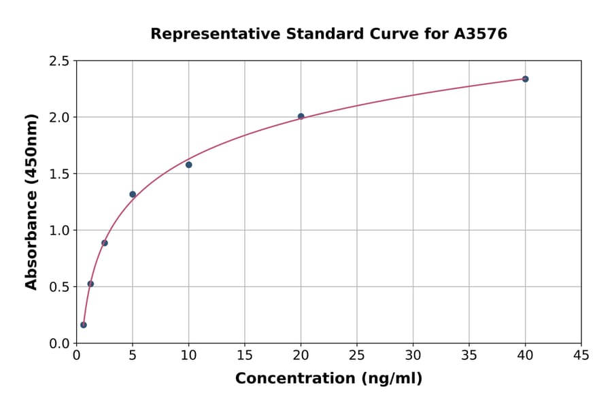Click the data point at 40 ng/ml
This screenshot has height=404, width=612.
coord(525,79)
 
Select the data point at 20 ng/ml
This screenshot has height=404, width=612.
coord(301,116)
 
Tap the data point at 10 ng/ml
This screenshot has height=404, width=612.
coord(189,165)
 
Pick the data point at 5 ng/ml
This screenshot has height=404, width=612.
coord(133,195)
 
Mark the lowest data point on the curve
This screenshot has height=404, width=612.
coord(84,325)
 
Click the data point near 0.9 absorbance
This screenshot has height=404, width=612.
coord(105,243)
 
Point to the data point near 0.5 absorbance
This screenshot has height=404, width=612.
coord(90,284)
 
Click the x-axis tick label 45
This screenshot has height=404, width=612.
coord(581,355)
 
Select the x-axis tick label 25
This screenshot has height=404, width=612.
coord(357,355)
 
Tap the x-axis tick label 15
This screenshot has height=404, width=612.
coord(245,355)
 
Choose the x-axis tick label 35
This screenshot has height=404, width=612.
coord(469,355)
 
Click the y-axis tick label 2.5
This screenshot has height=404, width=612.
coord(59,61)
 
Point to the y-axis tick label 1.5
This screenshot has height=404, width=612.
coord(59,174)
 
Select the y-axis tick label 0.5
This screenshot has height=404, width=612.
coord(59,287)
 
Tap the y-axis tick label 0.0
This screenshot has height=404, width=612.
coord(59,343)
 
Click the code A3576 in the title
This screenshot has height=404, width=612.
coord(480,33)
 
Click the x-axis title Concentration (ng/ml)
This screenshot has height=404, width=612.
coord(328,379)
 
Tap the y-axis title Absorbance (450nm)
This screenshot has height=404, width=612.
coord(31,201)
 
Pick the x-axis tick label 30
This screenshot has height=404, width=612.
coord(413,355)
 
